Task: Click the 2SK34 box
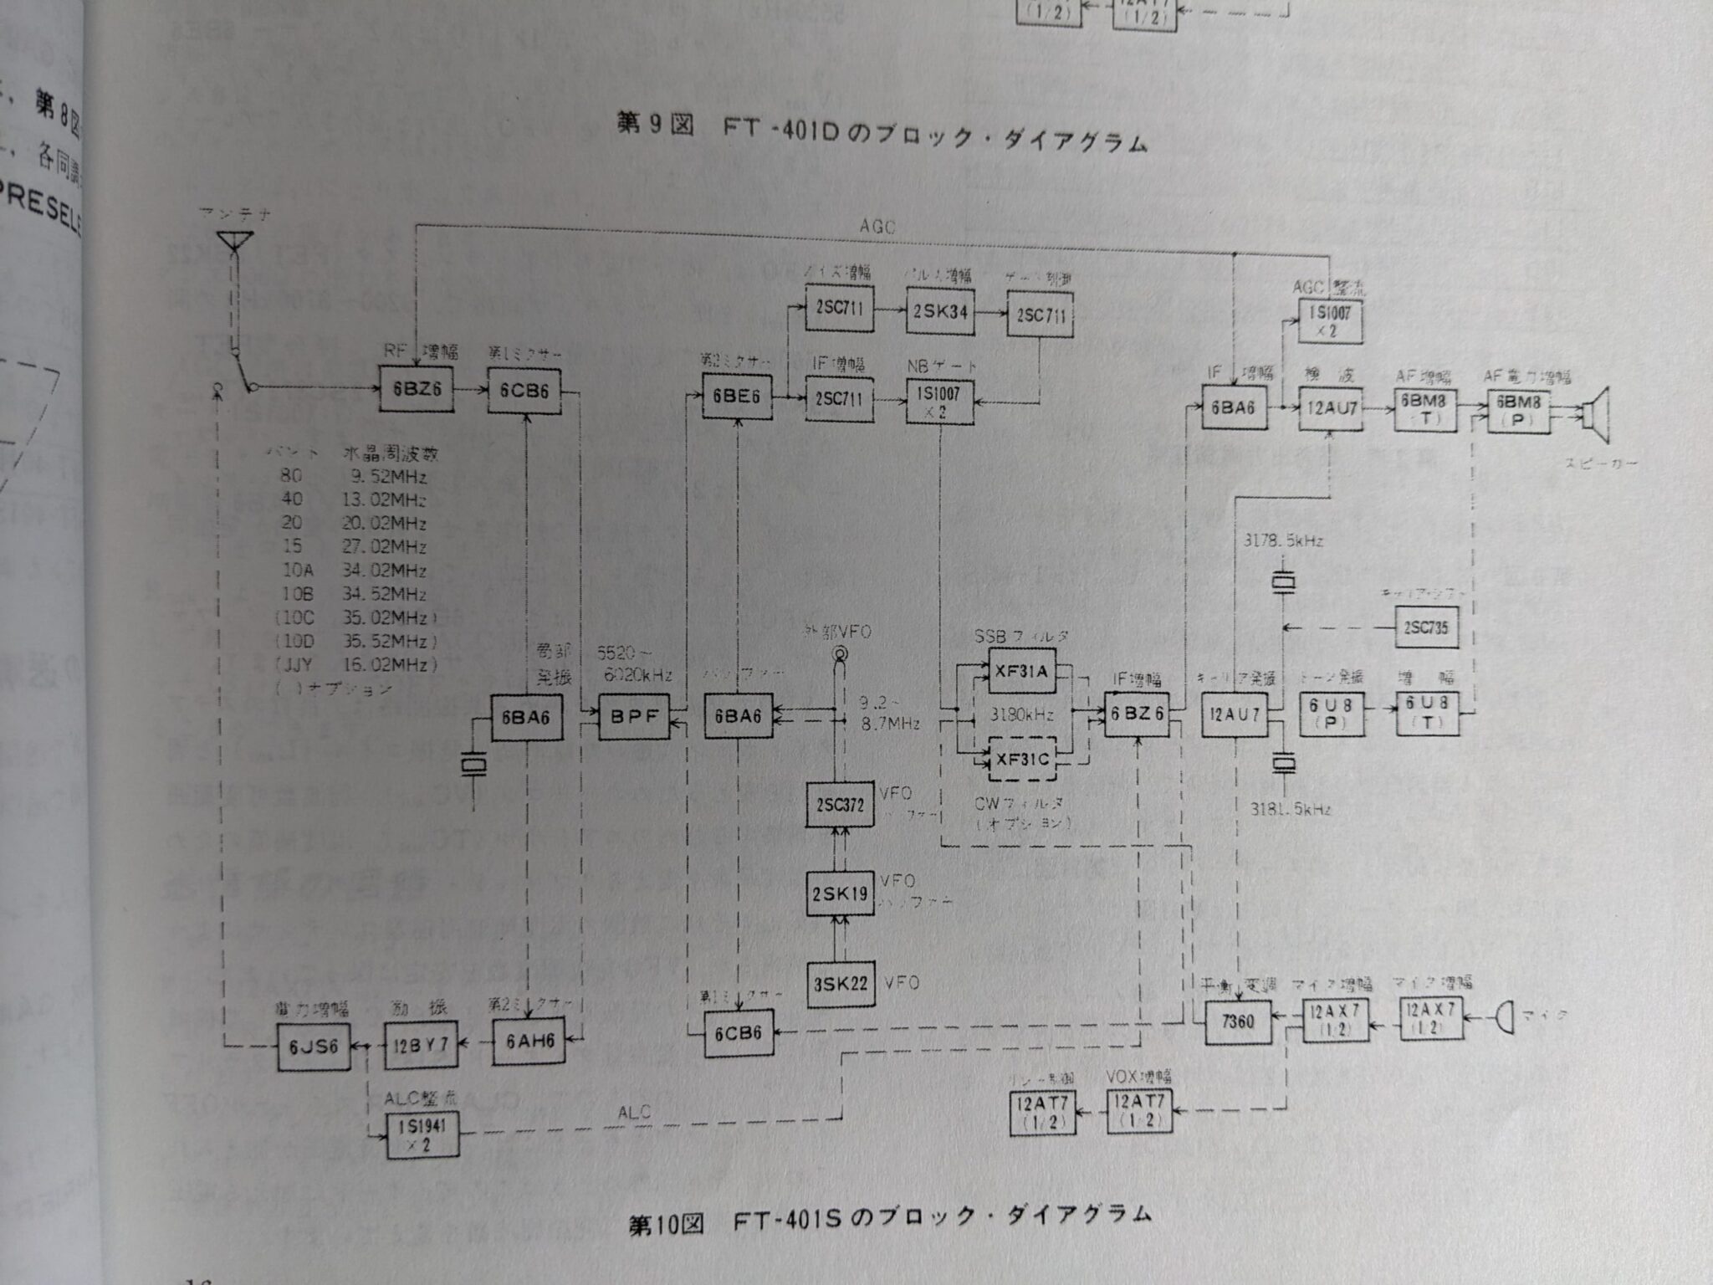point(939,311)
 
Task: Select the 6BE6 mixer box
point(736,396)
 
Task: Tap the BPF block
point(635,716)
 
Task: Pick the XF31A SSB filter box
point(1022,671)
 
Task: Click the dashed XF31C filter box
point(1022,760)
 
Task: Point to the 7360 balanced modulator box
point(1237,1021)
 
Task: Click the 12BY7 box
point(421,1045)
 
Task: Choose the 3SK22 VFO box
point(840,984)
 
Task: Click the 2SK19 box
point(840,893)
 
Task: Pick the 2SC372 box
point(840,805)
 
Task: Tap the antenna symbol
point(235,243)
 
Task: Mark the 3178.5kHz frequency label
point(1283,540)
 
